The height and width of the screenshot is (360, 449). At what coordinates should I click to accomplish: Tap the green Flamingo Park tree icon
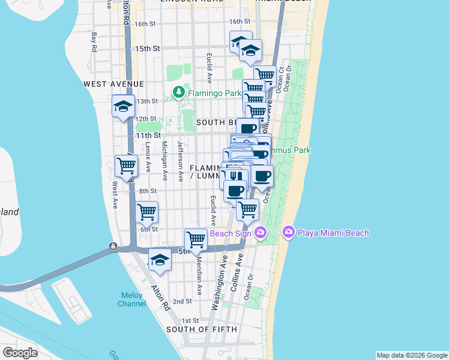178,92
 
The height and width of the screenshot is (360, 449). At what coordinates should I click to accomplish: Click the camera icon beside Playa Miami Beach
289,232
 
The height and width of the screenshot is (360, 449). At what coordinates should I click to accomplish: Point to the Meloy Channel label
132,299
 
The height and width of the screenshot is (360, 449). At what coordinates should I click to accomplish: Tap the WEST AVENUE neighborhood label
114,83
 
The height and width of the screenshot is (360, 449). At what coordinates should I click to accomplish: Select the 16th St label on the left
146,24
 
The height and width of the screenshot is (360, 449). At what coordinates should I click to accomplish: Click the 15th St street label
147,48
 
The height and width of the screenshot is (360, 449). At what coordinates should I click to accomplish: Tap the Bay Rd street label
94,43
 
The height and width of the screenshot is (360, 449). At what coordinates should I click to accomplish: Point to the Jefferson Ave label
179,161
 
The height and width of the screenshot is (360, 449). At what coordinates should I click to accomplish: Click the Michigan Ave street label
164,161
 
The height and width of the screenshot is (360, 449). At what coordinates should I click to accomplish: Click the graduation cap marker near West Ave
124,107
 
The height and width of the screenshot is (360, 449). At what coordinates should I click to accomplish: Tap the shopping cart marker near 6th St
147,212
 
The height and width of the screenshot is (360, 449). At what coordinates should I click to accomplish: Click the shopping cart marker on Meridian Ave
196,239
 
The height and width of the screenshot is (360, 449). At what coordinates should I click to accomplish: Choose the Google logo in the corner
20,353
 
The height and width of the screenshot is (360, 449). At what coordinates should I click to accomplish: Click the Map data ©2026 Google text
411,355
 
